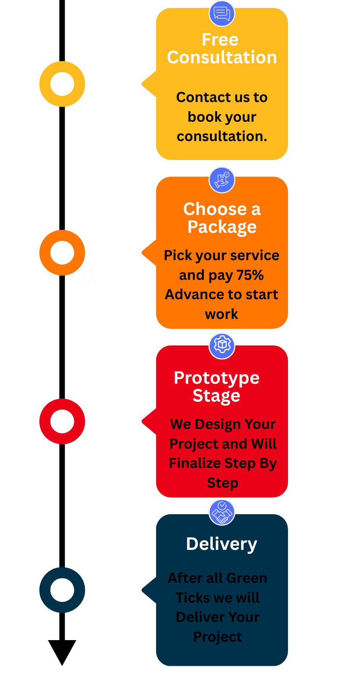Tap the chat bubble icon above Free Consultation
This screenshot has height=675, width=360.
[222, 13]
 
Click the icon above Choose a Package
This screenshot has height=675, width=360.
[222, 180]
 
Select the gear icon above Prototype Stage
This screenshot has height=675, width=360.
[222, 345]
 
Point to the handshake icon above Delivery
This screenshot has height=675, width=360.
[222, 512]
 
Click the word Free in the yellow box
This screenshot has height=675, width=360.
[220, 39]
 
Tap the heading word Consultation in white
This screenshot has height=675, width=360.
[222, 58]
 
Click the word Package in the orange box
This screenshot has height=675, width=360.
[222, 227]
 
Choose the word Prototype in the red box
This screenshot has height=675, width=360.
[216, 378]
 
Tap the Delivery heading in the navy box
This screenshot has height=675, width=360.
[222, 544]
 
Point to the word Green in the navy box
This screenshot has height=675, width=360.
[247, 578]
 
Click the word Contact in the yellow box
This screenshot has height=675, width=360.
[198, 97]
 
